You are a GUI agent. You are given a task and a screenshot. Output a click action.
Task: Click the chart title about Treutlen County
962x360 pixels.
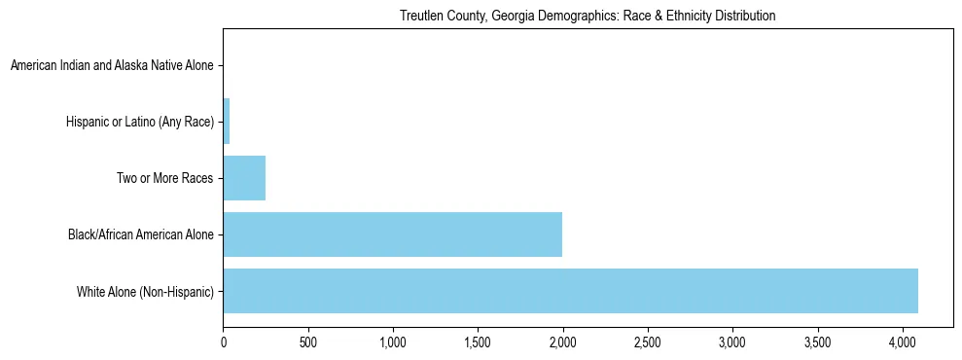587,17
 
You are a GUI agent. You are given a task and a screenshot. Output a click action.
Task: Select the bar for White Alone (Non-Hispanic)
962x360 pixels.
570,291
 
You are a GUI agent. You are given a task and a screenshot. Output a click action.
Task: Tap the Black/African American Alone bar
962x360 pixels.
392,234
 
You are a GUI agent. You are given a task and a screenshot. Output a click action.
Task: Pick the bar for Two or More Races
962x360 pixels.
244,178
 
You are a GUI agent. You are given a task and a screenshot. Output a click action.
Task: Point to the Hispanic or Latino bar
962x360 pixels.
227,122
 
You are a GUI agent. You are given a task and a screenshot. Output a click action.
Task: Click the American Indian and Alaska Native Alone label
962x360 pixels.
112,66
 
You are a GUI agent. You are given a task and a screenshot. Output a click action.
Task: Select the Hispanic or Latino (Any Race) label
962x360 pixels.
140,123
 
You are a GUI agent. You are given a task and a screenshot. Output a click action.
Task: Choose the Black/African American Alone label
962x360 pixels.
141,234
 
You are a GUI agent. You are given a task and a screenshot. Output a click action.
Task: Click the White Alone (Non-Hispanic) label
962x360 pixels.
145,291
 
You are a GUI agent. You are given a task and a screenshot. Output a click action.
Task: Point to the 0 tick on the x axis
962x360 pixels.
224,342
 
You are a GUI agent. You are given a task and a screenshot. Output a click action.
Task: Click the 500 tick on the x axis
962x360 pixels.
308,342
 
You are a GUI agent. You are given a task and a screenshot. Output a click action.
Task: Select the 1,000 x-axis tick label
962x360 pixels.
393,342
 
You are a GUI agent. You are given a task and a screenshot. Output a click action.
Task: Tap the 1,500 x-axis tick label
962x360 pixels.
478,342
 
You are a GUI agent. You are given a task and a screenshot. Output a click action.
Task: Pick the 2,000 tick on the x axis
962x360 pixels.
562,342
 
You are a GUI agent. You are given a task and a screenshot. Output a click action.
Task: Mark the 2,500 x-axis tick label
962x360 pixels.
647,342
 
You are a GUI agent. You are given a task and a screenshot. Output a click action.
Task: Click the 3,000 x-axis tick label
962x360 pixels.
731,342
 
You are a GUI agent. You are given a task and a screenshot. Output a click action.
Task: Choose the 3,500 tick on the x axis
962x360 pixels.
817,342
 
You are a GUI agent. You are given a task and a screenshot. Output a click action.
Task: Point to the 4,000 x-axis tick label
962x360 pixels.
902,342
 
